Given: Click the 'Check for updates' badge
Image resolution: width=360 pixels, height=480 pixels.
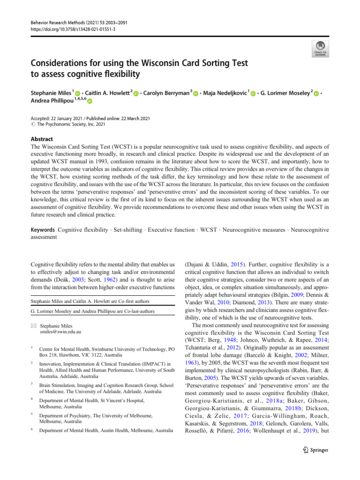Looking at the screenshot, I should pos(320,48).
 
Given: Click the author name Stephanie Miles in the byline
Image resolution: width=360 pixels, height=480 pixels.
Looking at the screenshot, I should pos(50,92).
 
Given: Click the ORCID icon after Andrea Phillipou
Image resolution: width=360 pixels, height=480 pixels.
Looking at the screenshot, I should pos(90,101).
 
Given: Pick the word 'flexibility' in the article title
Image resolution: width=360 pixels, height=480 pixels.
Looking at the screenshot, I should pos(118,74).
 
